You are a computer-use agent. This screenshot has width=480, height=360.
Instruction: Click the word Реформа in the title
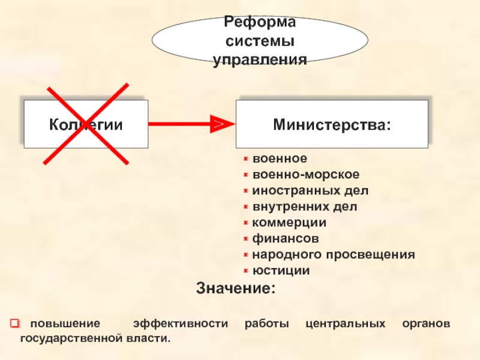[x=260, y=22]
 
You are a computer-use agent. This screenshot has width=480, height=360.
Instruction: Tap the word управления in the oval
[x=260, y=60]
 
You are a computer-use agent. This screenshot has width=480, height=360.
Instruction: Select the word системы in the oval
[x=260, y=41]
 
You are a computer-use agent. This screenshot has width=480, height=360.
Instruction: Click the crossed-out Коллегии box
[x=86, y=124]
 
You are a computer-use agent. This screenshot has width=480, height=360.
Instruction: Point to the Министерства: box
[x=331, y=124]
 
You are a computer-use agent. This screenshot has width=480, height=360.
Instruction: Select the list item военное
[x=280, y=159]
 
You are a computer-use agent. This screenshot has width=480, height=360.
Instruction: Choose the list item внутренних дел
[x=304, y=206]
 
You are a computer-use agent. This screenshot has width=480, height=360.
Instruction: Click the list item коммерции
[x=289, y=223]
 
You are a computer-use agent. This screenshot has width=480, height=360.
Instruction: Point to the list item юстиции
[x=281, y=271]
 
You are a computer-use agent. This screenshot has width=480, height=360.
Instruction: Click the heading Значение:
[x=236, y=288]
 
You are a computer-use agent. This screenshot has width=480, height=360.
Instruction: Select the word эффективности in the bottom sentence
[x=181, y=324]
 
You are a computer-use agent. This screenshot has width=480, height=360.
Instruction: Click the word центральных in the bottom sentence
[x=346, y=324]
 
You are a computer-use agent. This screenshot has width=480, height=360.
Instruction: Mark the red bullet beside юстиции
[x=245, y=271]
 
